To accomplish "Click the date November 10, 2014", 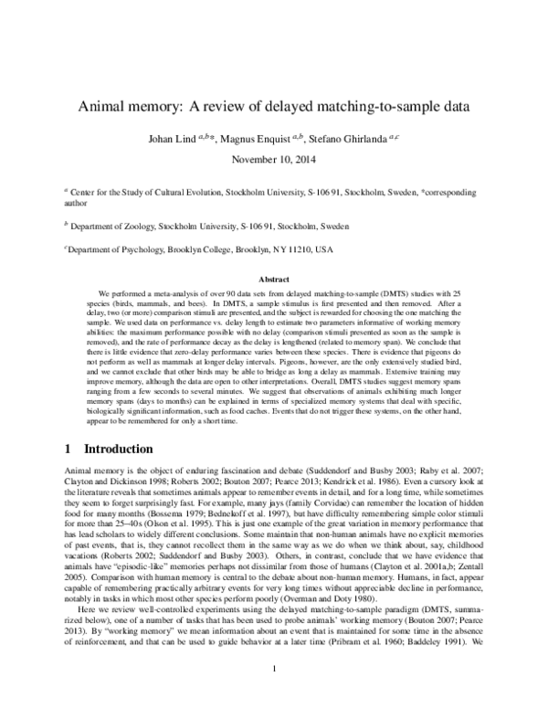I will tap(274, 159).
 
